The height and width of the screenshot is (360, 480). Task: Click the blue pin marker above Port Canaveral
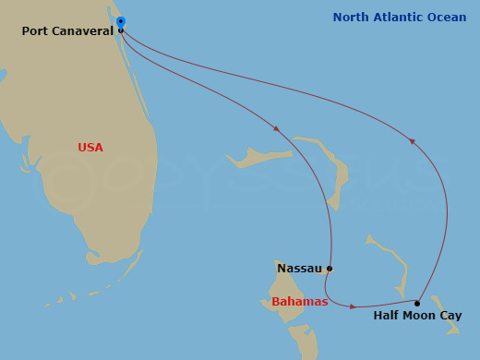(x=121, y=21)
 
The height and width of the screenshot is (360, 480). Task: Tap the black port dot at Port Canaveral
(x=121, y=30)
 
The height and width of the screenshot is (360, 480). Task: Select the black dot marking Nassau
(x=330, y=269)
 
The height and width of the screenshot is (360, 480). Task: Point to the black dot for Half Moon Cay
(x=417, y=303)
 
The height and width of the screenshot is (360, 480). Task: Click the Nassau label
(x=299, y=269)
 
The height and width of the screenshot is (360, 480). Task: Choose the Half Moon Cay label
(x=417, y=316)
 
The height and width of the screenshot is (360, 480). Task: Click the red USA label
(x=90, y=148)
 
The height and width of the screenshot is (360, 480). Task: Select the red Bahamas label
(x=299, y=302)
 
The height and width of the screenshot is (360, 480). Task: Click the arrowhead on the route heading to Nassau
(x=276, y=128)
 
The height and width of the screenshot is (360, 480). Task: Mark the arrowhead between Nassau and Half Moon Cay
(x=353, y=306)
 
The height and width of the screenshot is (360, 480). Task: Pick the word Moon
(x=420, y=316)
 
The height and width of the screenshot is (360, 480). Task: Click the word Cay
(x=450, y=316)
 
